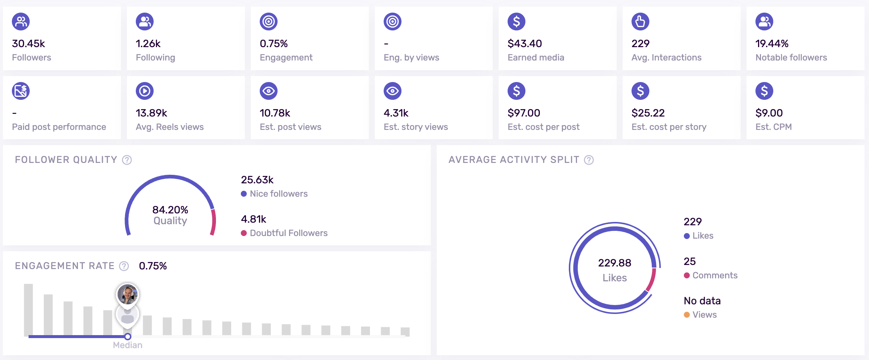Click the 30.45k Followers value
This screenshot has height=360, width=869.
tap(29, 44)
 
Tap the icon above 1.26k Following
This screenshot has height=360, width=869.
tap(145, 22)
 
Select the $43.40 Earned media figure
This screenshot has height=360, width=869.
tap(525, 44)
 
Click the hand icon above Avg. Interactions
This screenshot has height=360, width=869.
tap(640, 22)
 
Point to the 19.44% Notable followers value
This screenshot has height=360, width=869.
tap(772, 44)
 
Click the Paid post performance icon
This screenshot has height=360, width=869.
tap(21, 91)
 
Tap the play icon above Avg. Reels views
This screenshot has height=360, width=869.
tap(145, 91)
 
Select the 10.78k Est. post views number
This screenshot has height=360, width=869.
tap(275, 113)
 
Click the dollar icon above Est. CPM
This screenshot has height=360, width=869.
tap(764, 91)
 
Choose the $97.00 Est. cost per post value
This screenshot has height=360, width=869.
tap(524, 113)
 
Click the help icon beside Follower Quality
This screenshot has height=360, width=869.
tap(127, 160)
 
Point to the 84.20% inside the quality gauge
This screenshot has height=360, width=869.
tap(170, 210)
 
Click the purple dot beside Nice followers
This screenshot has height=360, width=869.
tap(244, 194)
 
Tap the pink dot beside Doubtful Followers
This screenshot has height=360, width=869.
tap(244, 233)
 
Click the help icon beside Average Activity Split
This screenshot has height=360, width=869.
tap(589, 160)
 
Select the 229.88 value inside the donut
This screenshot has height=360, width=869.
tap(614, 263)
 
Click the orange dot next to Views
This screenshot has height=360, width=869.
tap(687, 315)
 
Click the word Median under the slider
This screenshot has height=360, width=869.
tap(128, 345)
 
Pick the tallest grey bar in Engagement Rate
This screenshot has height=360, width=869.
tap(28, 310)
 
